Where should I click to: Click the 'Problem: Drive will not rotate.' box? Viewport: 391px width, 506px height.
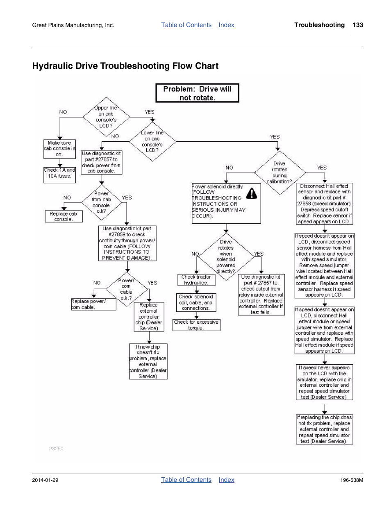click(197, 93)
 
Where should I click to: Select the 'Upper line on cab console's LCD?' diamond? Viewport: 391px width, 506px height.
click(106, 117)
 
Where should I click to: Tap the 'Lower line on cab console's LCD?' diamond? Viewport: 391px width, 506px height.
click(152, 141)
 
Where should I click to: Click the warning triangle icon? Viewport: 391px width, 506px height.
click(251, 192)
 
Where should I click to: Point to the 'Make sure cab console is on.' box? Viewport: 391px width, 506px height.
click(59, 149)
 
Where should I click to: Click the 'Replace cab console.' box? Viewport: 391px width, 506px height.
click(64, 216)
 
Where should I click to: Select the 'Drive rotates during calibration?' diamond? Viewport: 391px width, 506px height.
click(280, 172)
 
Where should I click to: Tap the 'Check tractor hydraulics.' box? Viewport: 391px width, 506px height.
click(196, 280)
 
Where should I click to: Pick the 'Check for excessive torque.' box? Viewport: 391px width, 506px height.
click(196, 325)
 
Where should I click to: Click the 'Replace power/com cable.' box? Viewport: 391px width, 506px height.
click(93, 304)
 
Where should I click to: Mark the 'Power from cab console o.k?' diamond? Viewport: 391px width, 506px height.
click(101, 202)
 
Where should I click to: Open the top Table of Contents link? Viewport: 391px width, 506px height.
click(186, 25)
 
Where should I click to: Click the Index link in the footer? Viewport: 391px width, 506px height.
click(226, 480)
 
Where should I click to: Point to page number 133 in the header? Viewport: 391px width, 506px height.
click(358, 25)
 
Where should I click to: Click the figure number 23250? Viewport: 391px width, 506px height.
click(56, 449)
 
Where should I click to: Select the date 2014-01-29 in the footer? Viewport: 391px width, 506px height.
click(45, 480)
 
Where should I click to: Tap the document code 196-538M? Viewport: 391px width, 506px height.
click(352, 480)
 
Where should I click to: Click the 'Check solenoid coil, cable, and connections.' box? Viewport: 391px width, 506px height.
click(196, 302)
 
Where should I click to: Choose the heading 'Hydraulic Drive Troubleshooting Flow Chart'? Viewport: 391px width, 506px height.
click(125, 66)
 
